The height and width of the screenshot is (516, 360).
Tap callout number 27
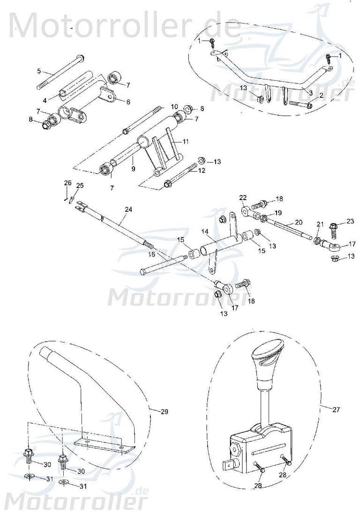pyautogui.click(x=336, y=409)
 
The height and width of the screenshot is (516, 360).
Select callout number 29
pyautogui.click(x=164, y=411)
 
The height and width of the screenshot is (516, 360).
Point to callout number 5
pyautogui.click(x=39, y=71)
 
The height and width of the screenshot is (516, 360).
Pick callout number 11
pyautogui.click(x=128, y=101)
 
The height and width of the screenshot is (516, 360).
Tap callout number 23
pyautogui.click(x=350, y=221)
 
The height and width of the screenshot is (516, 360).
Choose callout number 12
pyautogui.click(x=202, y=171)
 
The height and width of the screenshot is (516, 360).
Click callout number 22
pyautogui.click(x=243, y=197)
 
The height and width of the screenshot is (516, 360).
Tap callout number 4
pyautogui.click(x=45, y=100)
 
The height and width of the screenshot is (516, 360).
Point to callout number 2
pyautogui.click(x=321, y=95)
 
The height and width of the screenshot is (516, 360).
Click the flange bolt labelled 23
pyautogui.click(x=335, y=229)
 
